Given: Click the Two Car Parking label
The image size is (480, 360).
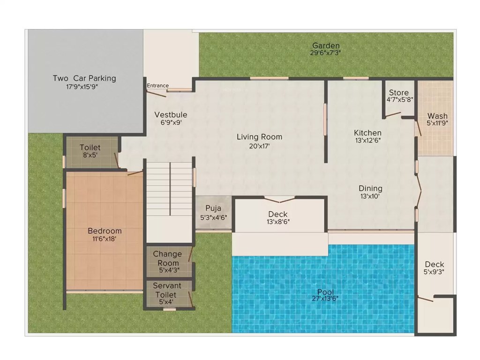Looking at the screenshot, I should point(84,78).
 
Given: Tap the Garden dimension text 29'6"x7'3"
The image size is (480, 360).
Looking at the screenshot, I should point(325,53).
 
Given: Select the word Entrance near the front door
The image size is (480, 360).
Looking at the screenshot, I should point(157,85).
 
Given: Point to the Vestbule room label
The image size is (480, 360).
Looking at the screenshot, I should point(171,115).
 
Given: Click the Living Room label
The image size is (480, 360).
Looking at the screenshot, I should point(259,137).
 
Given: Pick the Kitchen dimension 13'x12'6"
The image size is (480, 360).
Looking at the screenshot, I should point(367,141).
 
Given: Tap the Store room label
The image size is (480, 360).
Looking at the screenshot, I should point(398,93).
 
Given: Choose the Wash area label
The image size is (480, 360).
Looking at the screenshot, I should point(437,116).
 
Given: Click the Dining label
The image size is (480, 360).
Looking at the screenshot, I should point(370,188).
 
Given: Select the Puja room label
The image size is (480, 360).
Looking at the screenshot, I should point(213,208).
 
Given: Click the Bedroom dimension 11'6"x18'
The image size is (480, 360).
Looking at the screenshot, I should point(105,239).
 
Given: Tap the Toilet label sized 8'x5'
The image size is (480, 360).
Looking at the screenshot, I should point(90,148).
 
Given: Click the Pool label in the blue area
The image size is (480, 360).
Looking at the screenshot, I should point(325,292).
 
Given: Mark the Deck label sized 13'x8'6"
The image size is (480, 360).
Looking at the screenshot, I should point(278,214).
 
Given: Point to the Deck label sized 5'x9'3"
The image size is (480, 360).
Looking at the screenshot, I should point(435,264).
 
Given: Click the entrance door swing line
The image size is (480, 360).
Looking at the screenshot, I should point(156,93).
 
